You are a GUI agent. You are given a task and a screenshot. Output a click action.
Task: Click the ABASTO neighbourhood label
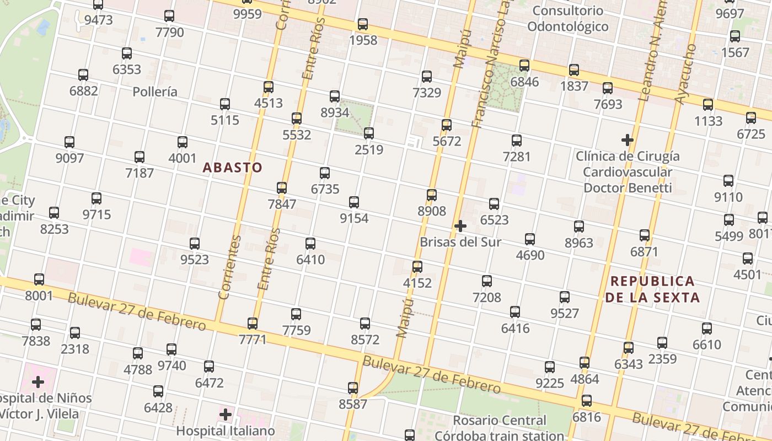pos(232,168)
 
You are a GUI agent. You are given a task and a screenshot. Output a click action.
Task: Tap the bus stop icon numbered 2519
pos(369,133)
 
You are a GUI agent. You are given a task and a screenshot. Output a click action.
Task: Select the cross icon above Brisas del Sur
pos(460,225)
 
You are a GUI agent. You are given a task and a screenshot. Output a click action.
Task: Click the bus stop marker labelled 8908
pos(432,195)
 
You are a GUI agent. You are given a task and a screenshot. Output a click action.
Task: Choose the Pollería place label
pos(155,92)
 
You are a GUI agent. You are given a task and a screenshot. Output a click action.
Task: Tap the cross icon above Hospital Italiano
pos(226,414)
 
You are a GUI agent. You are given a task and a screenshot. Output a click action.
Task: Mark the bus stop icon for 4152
pos(417,267)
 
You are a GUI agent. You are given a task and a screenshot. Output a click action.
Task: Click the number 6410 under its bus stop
pos(310,259)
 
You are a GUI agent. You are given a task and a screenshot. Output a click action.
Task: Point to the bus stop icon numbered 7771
pos(253,324)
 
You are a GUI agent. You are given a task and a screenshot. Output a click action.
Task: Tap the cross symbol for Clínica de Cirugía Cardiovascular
pos(627,139)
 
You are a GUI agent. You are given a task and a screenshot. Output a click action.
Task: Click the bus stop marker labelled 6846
pos(524,66)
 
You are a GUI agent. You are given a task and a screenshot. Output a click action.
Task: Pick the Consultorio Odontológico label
pos(567,18)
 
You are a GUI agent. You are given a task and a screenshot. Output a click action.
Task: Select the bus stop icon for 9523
pos(195,244)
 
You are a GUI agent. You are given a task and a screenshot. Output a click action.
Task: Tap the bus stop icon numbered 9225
pos(550,367)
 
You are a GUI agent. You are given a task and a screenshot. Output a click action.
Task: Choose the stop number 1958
pos(363,40)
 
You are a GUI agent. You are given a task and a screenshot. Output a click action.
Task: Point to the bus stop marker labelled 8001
pos(39,279)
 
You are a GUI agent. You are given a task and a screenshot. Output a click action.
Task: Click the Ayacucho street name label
pos(687,74)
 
